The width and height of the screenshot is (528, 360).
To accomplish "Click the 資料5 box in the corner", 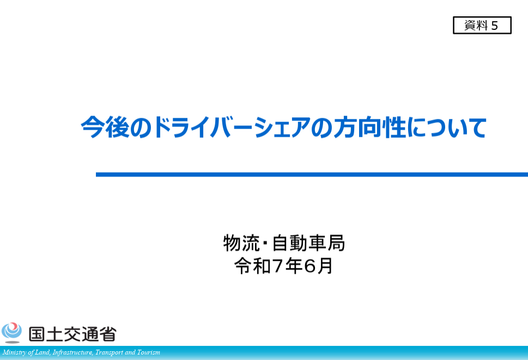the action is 482,25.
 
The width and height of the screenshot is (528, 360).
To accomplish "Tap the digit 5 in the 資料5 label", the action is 494,26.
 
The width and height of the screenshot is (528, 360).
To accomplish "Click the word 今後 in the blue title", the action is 105,127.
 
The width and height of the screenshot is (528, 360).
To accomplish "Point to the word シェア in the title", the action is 282,127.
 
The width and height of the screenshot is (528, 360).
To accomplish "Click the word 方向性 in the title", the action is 369,127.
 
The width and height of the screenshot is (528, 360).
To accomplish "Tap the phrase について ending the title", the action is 447,127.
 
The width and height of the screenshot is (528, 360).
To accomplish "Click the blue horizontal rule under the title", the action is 312,174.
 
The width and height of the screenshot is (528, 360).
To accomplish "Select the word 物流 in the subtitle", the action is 241,243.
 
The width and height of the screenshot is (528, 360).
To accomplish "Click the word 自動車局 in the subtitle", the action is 308,243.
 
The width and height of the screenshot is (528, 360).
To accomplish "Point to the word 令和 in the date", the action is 252,266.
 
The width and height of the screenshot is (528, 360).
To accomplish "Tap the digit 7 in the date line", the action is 277,266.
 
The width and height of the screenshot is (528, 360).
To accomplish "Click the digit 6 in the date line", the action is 309,266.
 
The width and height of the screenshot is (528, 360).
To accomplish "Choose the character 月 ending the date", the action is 324,266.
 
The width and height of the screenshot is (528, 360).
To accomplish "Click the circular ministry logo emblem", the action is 11,332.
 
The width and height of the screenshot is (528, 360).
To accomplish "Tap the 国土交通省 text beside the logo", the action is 72,334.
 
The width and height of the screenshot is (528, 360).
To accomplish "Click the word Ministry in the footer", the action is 14,352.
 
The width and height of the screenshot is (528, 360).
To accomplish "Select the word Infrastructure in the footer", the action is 72,352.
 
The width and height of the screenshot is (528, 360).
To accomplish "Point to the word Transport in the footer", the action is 109,352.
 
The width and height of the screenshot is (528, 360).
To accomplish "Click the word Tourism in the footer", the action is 149,352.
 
